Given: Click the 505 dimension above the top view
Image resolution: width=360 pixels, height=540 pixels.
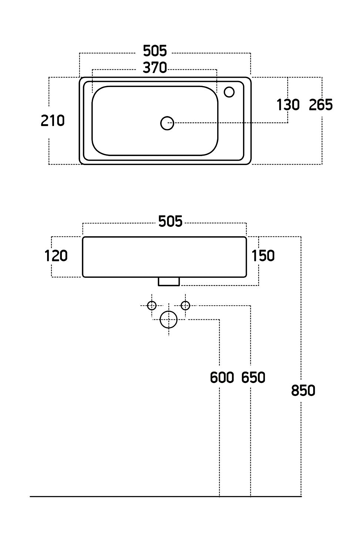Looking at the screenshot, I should pyautogui.click(x=154, y=51).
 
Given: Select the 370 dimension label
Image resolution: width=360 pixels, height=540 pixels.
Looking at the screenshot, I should pyautogui.click(x=154, y=68).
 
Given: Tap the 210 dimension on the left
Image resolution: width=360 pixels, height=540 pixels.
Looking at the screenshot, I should pyautogui.click(x=53, y=121).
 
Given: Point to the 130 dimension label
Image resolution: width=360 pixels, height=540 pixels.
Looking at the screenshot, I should pyautogui.click(x=288, y=105).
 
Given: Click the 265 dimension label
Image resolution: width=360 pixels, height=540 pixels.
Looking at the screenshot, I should pyautogui.click(x=321, y=105).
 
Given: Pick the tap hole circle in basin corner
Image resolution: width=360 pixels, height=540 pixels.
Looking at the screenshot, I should pyautogui.click(x=229, y=92).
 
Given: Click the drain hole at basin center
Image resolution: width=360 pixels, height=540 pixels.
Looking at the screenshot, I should pyautogui.click(x=167, y=123).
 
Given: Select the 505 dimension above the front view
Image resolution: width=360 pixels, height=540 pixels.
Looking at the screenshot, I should pyautogui.click(x=170, y=222).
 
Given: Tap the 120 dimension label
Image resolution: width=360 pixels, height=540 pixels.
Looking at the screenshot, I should pyautogui.click(x=56, y=256).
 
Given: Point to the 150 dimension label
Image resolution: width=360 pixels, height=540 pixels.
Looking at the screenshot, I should pyautogui.click(x=263, y=256).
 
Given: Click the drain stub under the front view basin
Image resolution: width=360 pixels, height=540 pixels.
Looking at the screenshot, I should pyautogui.click(x=169, y=281).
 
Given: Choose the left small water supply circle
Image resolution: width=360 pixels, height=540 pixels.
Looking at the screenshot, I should pyautogui.click(x=152, y=305).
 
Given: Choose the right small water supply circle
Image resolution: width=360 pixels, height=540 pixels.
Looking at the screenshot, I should pyautogui.click(x=186, y=305).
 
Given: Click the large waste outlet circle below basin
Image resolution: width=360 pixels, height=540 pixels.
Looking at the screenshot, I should pyautogui.click(x=169, y=319).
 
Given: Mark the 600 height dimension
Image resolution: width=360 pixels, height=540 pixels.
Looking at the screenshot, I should pyautogui.click(x=222, y=377).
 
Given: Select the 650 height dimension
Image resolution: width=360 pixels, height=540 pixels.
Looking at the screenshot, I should pyautogui.click(x=253, y=377).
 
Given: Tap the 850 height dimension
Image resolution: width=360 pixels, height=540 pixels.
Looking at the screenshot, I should pyautogui.click(x=303, y=391).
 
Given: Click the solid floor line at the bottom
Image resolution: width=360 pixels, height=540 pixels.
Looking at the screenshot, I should pyautogui.click(x=120, y=497).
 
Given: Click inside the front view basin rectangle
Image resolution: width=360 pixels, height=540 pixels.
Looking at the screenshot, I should pyautogui.click(x=164, y=257).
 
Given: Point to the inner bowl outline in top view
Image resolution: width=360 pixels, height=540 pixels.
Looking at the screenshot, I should pyautogui.click(x=92, y=120).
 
